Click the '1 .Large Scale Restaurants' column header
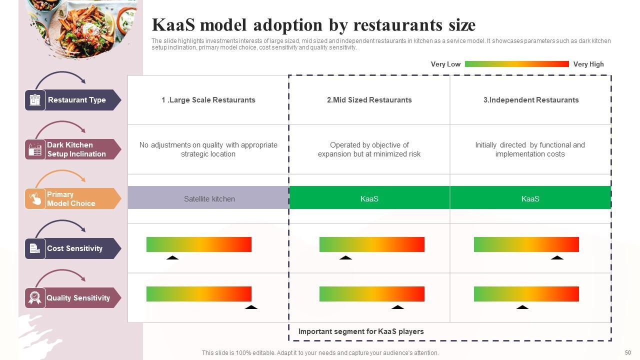point(208,100)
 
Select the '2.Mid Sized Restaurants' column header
point(369,100)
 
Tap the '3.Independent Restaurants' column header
point(530,100)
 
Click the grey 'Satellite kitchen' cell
point(209,198)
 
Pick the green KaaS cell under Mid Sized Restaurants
point(369,198)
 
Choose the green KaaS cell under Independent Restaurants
point(530,198)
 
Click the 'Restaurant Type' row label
point(76,100)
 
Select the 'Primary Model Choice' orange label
point(71,199)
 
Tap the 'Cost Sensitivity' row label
point(74,248)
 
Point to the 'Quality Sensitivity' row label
point(78,298)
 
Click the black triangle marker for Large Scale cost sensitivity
point(172,258)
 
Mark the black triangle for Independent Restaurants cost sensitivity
point(557,258)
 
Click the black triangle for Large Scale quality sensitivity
point(251,307)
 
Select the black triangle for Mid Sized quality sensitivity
point(397,307)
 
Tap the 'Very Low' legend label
point(445,64)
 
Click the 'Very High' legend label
point(588,64)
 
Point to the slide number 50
point(628,352)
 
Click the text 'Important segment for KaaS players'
point(361,331)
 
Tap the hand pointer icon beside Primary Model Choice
point(35,199)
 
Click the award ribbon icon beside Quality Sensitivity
point(35,298)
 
